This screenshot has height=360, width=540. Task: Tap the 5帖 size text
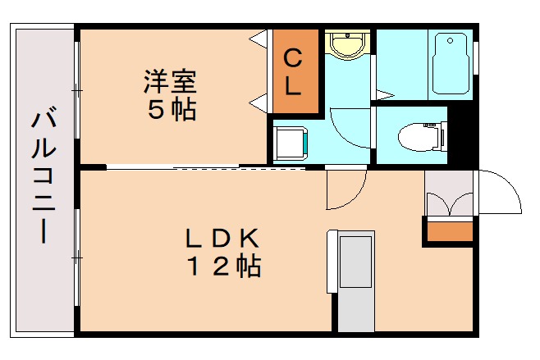172,110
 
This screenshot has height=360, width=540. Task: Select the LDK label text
222,239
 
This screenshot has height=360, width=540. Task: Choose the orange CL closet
294,72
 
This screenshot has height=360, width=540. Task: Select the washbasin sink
347,44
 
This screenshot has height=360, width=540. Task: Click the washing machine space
290,140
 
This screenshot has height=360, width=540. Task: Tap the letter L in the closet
293,86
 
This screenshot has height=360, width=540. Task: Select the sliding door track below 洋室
205,168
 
